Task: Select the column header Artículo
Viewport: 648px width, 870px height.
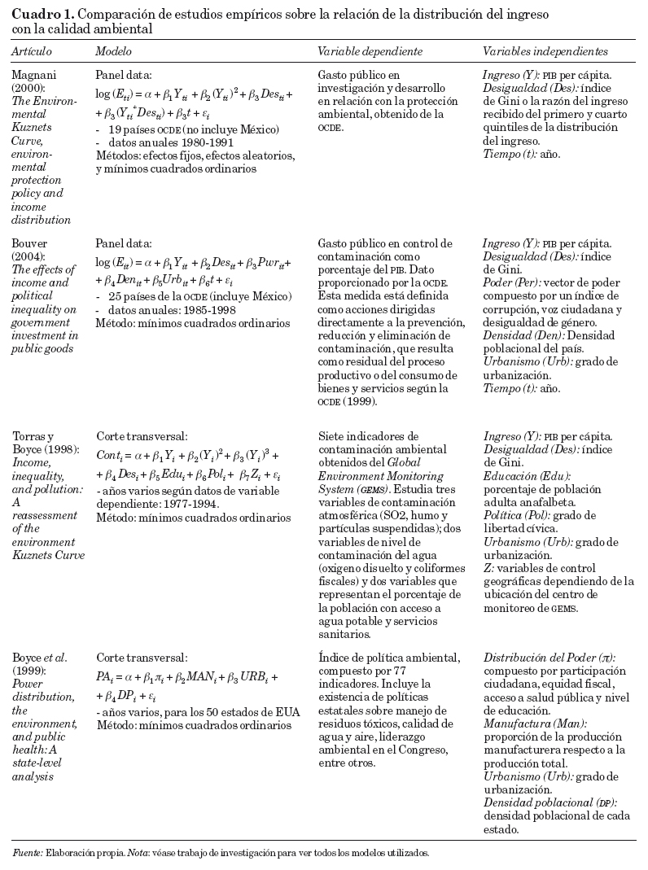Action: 32,51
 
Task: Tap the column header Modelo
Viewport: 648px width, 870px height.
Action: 113,51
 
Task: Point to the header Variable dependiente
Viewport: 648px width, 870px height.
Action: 370,51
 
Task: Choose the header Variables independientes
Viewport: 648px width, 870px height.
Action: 545,51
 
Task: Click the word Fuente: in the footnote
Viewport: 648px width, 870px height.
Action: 27,852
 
